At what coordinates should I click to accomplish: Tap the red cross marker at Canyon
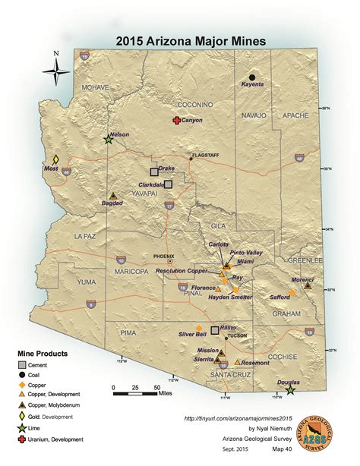[x=176, y=121]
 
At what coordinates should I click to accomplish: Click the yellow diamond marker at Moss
[x=55, y=160]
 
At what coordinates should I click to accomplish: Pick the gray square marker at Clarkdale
[x=169, y=184]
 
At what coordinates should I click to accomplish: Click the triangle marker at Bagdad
[x=113, y=195]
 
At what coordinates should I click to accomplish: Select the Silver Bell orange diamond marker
[x=199, y=327]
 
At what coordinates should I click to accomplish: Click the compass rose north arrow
[x=55, y=71]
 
